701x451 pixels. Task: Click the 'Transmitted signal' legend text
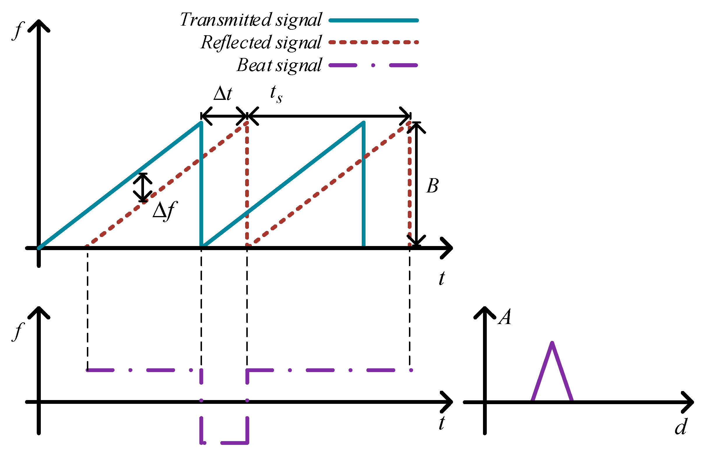coord(251,20)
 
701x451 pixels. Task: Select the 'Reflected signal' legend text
coord(261,43)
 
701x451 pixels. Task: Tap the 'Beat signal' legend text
coord(279,65)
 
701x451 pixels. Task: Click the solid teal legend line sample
coord(373,20)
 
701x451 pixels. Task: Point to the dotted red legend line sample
coord(373,43)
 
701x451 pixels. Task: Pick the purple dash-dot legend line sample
coord(373,65)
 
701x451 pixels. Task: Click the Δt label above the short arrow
coord(222,94)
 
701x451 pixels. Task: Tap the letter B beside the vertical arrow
coord(432,186)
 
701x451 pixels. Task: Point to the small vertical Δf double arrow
coord(143,188)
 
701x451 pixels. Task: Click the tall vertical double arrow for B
coord(416,184)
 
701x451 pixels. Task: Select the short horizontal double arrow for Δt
coord(224,116)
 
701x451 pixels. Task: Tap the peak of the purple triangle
coord(552,343)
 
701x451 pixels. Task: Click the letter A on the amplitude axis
coord(505,317)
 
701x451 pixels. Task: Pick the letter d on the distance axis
coord(681,427)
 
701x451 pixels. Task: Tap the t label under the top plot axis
coord(442,278)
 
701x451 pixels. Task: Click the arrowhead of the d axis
coord(689,402)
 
